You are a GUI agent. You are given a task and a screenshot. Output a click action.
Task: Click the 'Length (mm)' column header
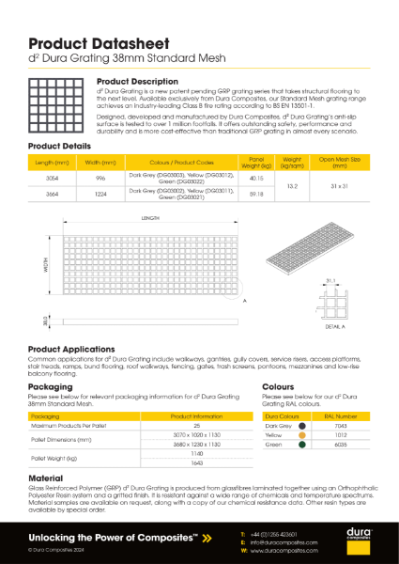(x=53, y=163)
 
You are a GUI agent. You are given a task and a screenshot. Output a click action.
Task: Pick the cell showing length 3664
(x=53, y=195)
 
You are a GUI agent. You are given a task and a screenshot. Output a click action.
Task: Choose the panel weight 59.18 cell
(x=255, y=195)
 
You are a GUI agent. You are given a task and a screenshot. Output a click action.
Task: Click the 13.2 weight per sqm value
(x=292, y=186)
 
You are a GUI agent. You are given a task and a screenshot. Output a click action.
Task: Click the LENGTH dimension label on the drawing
(x=150, y=218)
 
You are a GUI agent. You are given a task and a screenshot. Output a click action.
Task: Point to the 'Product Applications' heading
(x=78, y=349)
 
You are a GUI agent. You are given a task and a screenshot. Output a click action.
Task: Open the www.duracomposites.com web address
(x=284, y=551)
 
